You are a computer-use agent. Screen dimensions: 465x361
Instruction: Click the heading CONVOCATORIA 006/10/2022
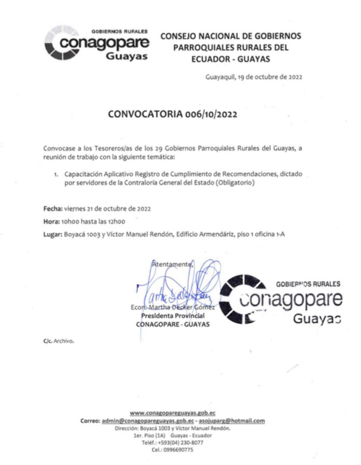(173, 115)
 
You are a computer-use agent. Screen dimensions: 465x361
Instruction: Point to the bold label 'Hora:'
(51, 221)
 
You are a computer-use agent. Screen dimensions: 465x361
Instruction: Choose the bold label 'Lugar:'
(52, 234)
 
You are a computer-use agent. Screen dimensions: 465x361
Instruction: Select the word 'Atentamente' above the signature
(172, 264)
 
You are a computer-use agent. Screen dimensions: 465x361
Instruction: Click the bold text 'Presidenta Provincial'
(173, 316)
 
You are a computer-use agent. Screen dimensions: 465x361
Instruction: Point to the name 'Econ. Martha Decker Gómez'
(173, 308)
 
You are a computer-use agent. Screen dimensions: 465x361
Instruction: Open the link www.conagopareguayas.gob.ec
(172, 413)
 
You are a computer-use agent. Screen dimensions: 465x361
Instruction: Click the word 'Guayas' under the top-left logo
(127, 56)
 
